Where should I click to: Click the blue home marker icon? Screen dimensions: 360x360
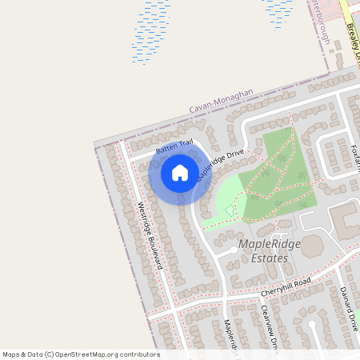pos(179,173)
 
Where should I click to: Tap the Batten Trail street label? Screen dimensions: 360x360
pos(174,146)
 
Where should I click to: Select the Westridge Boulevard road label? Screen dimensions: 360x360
pos(150,235)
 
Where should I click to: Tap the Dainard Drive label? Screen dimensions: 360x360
pos(347,309)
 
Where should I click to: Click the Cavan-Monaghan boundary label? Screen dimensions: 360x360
pos(221,100)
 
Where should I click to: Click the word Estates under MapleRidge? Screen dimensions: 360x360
pos(269,258)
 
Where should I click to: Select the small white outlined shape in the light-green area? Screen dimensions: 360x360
pos(231,210)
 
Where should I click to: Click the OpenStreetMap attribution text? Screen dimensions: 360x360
pos(80,354)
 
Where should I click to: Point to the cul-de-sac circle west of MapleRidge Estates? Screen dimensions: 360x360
pos(233,250)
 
